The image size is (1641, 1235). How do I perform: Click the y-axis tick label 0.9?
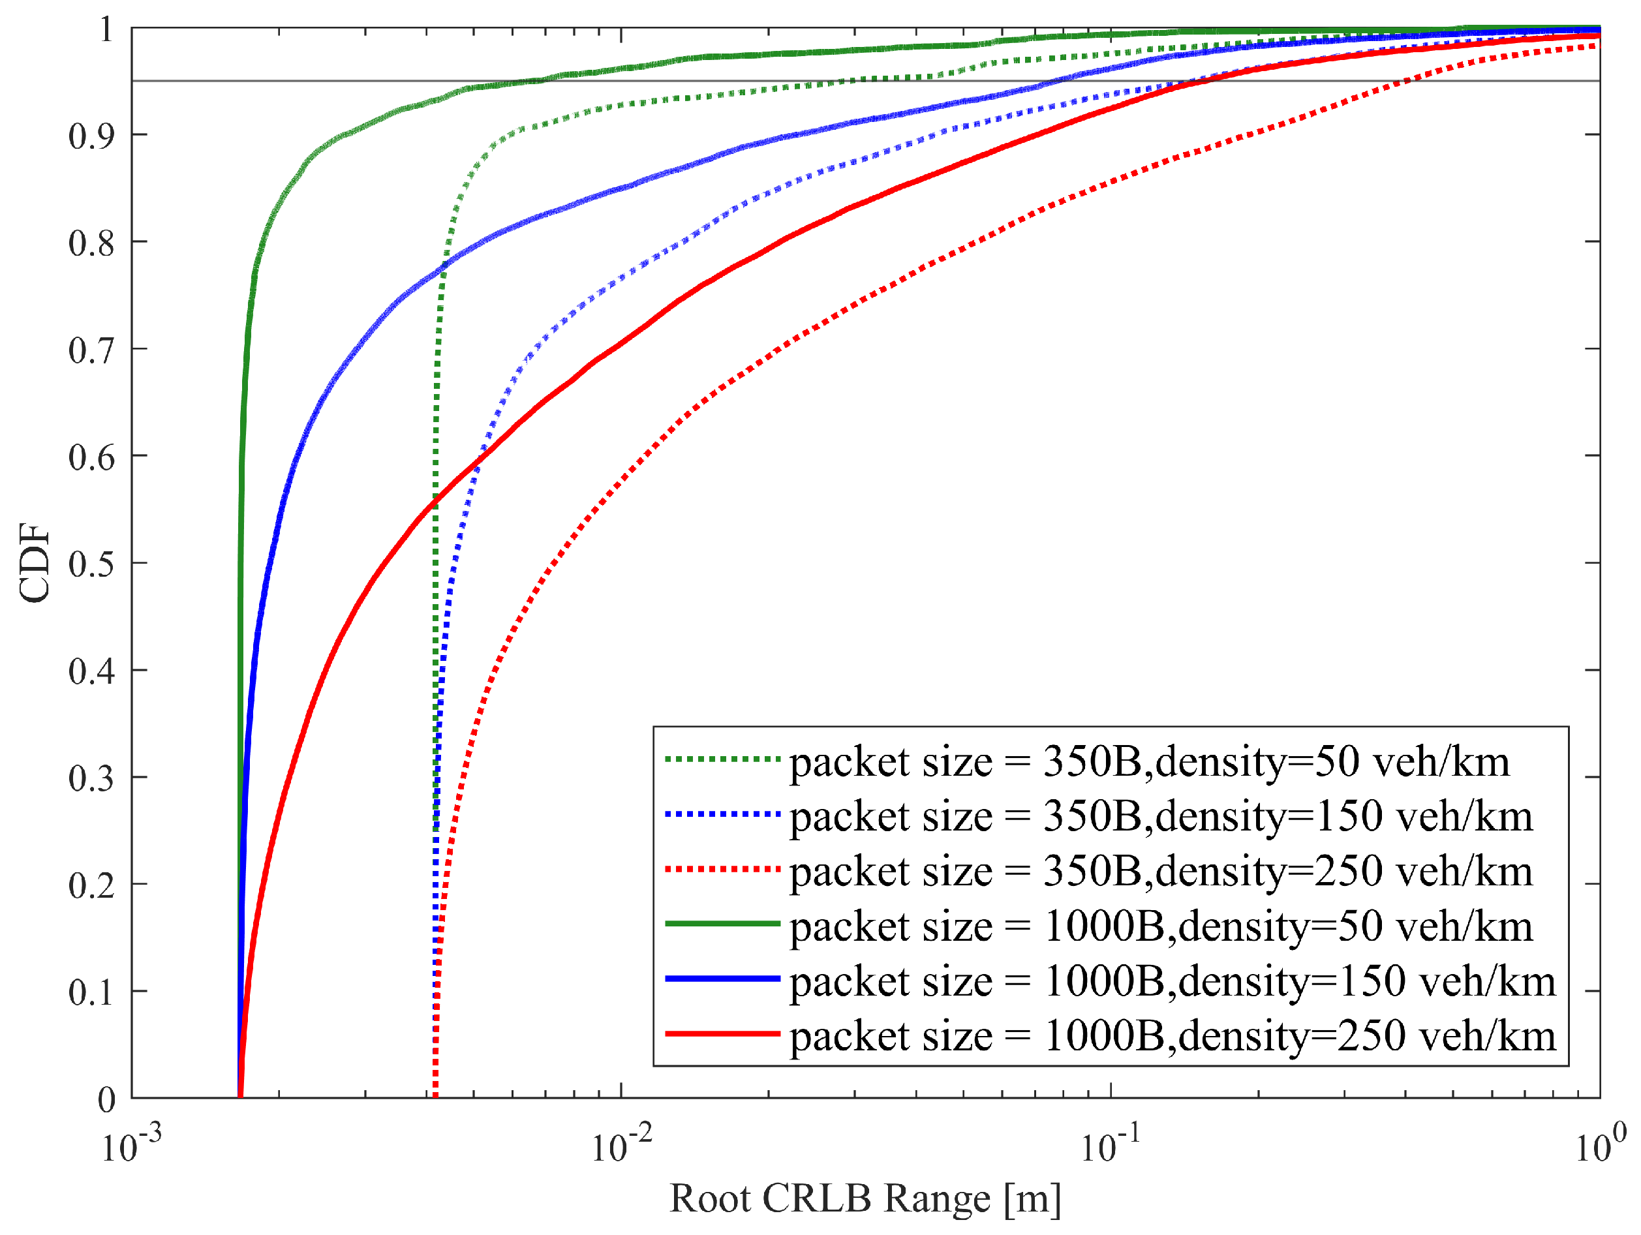(91, 136)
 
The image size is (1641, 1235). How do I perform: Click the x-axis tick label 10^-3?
(130, 1146)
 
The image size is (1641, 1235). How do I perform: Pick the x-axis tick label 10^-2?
(621, 1146)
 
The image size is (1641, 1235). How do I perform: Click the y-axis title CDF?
(35, 564)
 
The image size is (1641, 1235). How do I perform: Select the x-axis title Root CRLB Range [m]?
(865, 1198)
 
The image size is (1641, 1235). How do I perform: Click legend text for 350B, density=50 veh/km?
(1149, 762)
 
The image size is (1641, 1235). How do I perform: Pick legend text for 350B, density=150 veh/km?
(1160, 817)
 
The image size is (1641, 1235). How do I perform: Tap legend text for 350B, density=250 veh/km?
(1160, 872)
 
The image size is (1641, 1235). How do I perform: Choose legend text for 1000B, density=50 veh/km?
(1160, 926)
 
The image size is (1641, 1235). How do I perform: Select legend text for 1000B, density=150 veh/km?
(1172, 981)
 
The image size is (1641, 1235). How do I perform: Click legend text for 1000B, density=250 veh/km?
(1172, 1036)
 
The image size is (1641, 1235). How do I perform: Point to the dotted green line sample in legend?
(722, 759)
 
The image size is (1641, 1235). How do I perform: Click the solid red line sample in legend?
(722, 1033)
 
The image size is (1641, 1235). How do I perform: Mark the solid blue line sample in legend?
(722, 979)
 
